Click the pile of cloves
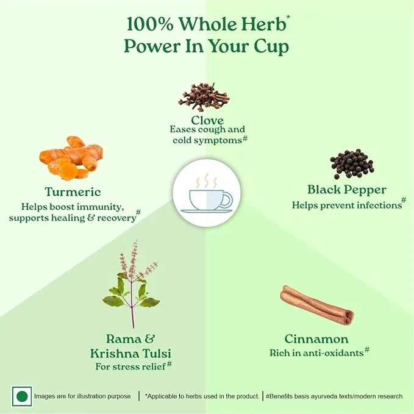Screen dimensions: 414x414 point(204,96)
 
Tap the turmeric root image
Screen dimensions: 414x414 point(71,158)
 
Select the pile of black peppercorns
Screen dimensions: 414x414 point(352,164)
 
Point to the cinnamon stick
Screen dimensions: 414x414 point(317,305)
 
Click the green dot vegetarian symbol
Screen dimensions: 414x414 point(22,396)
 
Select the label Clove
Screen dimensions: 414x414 point(207,120)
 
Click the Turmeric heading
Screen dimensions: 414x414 point(73,191)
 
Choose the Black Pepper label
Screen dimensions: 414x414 point(347,190)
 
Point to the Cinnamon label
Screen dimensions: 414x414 point(316,339)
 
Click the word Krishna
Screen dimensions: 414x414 point(115,353)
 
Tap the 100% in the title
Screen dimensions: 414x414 point(150,24)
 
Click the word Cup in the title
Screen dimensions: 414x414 point(271,47)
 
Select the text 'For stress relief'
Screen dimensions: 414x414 point(130,366)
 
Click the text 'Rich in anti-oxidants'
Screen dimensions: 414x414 point(316,353)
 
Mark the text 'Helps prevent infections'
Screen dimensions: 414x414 point(347,205)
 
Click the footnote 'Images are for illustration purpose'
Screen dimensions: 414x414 point(82,396)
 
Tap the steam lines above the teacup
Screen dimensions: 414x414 point(207,181)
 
